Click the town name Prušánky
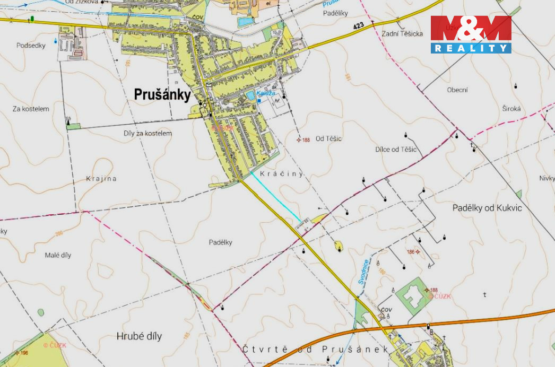point(162,94)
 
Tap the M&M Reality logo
point(471,34)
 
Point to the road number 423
point(358,26)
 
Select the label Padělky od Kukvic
point(487,208)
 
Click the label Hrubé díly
point(139,336)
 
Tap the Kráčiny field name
point(281,173)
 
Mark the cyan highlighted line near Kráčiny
point(276,196)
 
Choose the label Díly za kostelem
point(148,134)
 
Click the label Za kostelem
point(31,109)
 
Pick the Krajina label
point(101,179)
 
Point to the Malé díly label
point(58,255)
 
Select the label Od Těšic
point(328,139)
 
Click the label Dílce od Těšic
point(396,150)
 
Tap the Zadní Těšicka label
point(402,34)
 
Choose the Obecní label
point(457,90)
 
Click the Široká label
point(511,109)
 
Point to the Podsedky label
point(31,46)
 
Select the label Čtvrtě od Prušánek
point(315,349)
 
